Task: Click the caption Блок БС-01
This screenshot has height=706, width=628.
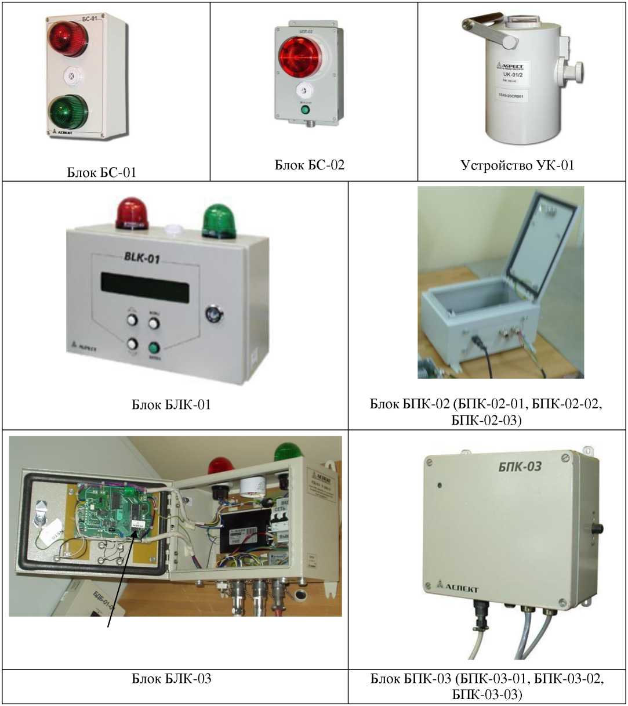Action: (x=101, y=172)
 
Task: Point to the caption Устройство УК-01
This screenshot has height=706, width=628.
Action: (x=517, y=165)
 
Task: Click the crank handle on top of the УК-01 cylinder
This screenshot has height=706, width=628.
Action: (x=489, y=32)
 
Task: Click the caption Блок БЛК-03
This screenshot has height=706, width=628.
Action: (x=171, y=678)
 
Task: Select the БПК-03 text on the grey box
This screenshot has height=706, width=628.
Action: (x=520, y=466)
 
